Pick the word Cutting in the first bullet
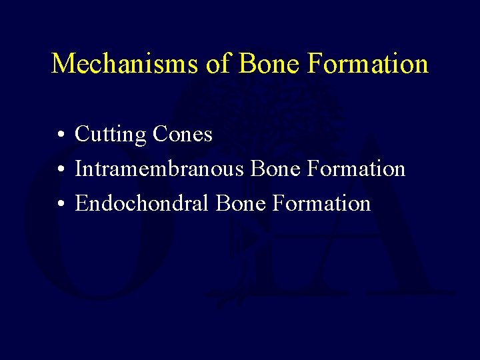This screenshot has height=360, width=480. [111, 135]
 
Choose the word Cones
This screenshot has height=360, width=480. [183, 135]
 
